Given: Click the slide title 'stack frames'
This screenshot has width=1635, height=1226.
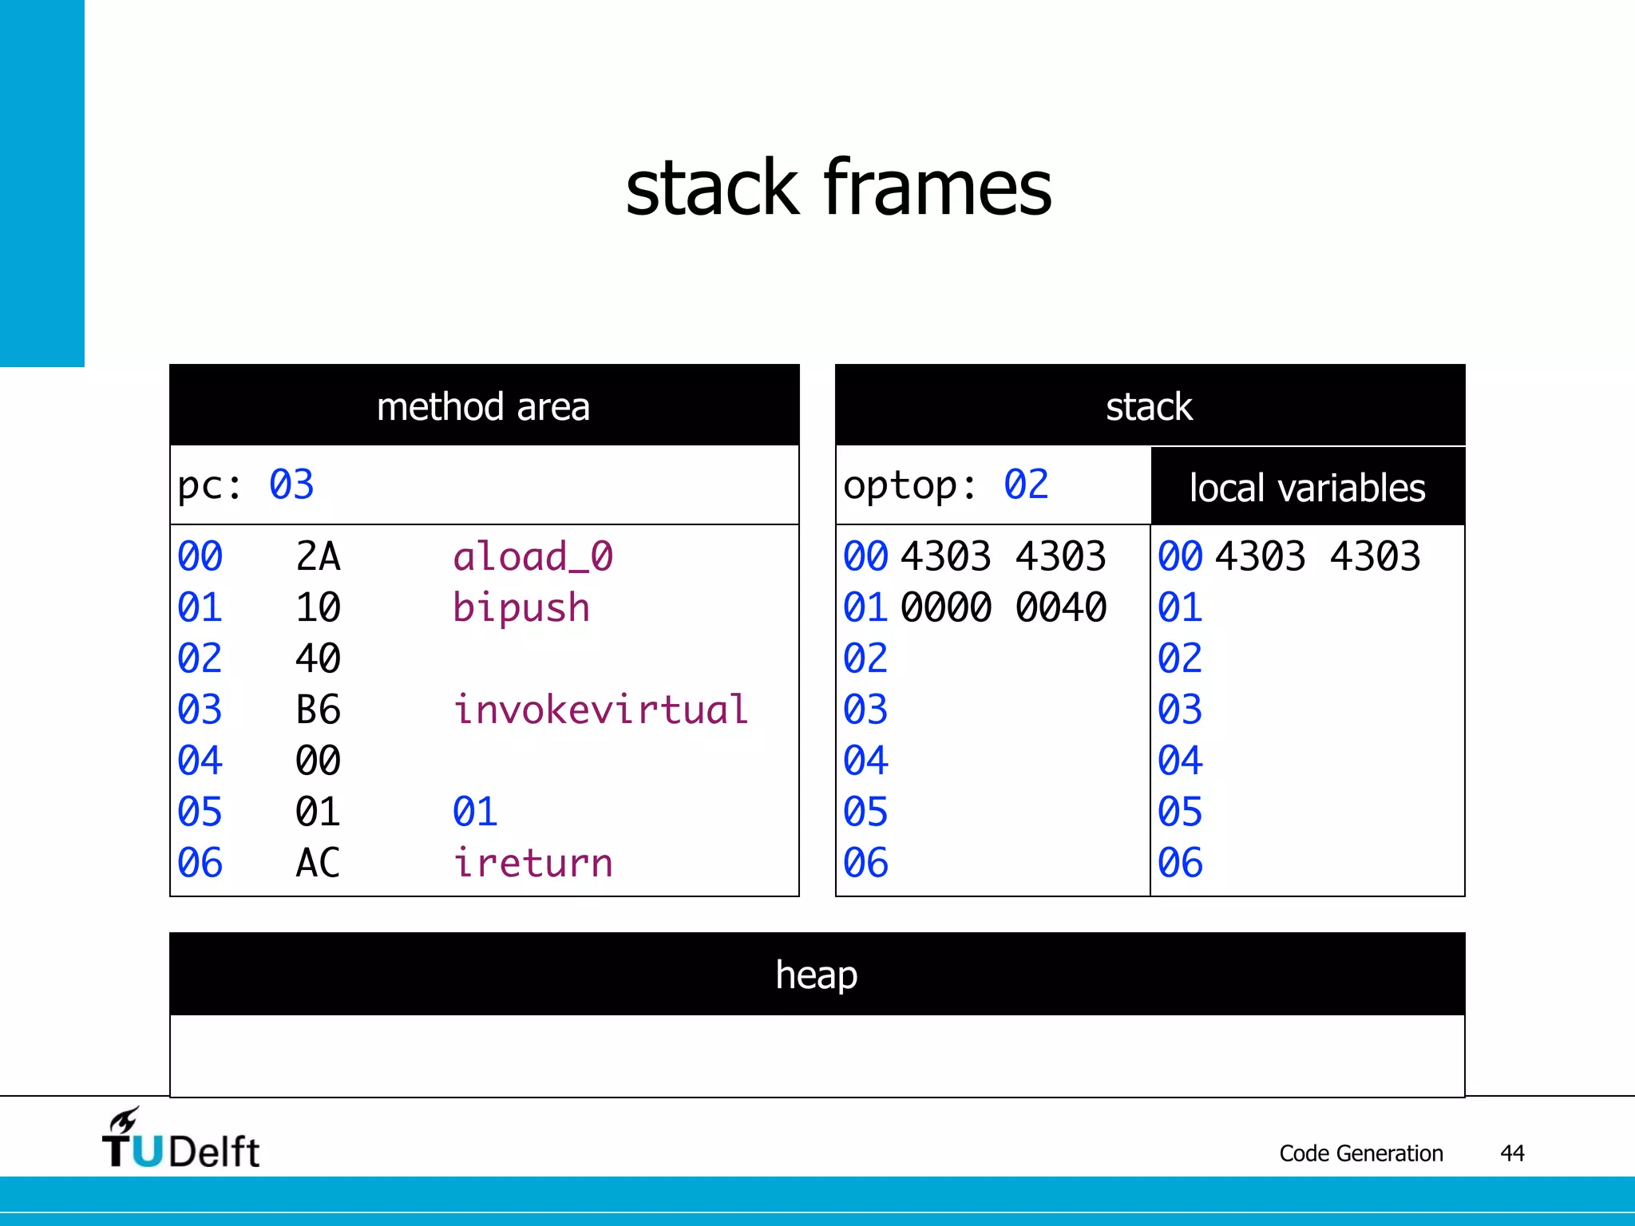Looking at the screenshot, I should pyautogui.click(x=838, y=188).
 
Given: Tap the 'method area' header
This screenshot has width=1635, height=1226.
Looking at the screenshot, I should pyautogui.click(x=483, y=407).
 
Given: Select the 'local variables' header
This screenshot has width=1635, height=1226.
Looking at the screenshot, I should pyautogui.click(x=1307, y=488).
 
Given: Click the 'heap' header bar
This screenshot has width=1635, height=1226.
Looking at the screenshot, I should pyautogui.click(x=817, y=975).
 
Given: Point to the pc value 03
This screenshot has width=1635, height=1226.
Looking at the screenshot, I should pyautogui.click(x=291, y=485).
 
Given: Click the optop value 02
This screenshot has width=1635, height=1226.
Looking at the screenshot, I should pyautogui.click(x=1026, y=485).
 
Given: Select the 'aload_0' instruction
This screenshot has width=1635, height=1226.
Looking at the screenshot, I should pyautogui.click(x=532, y=556).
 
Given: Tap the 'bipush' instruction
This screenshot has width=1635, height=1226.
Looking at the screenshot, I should pyautogui.click(x=521, y=607).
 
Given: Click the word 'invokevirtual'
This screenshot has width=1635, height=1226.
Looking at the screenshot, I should pyautogui.click(x=600, y=710).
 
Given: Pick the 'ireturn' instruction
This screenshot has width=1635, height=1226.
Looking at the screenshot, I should pyautogui.click(x=532, y=863).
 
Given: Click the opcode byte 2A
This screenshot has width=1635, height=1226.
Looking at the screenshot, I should pyautogui.click(x=318, y=556).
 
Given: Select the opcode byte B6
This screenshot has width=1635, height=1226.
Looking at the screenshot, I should pyautogui.click(x=318, y=710).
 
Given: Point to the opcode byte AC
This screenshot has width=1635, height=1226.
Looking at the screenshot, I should pyautogui.click(x=318, y=863).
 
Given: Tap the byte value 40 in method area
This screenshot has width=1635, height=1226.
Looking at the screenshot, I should pyautogui.click(x=318, y=658).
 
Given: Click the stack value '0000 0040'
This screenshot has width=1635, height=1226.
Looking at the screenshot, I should pyautogui.click(x=1003, y=607).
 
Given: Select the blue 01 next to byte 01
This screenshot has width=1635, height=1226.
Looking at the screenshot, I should pyautogui.click(x=475, y=812).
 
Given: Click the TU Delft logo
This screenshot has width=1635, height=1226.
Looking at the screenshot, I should pyautogui.click(x=180, y=1140).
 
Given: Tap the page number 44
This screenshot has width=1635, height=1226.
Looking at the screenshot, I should pyautogui.click(x=1512, y=1153).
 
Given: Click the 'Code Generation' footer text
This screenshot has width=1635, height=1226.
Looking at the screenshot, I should pyautogui.click(x=1360, y=1153).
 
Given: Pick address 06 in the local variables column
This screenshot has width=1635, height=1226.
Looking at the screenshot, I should pyautogui.click(x=1180, y=863).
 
